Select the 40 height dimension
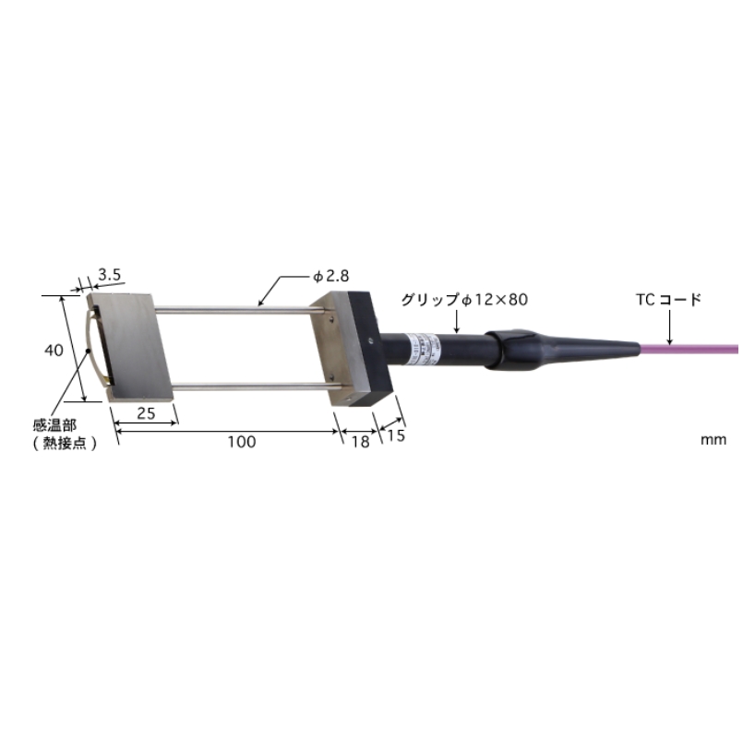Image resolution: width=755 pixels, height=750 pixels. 54,350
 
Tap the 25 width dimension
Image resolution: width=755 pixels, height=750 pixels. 145,413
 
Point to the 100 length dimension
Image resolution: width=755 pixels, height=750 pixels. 241,442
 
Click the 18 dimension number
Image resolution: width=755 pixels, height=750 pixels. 360,442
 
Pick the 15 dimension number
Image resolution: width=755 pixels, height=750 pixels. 395,436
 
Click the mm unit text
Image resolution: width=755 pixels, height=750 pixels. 713,439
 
